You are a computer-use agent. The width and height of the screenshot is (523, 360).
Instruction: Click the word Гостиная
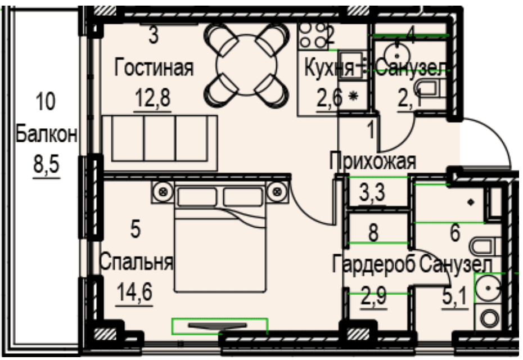pyautogui.click(x=154, y=67)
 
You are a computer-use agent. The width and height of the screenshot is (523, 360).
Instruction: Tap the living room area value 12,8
pyautogui.click(x=153, y=98)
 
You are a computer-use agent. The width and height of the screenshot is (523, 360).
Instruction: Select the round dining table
pyautogui.click(x=246, y=65)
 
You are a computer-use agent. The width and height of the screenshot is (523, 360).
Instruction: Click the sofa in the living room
pyautogui.click(x=160, y=143)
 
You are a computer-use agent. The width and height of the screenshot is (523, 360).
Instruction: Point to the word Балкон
pyautogui.click(x=46, y=134)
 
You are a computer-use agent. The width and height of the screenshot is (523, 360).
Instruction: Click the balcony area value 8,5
pyautogui.click(x=46, y=165)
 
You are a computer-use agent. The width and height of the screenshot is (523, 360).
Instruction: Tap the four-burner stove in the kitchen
pyautogui.click(x=313, y=35)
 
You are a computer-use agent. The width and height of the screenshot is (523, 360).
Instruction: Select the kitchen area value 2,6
pyautogui.click(x=329, y=98)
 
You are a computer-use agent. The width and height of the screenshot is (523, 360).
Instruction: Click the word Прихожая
pyautogui.click(x=373, y=161)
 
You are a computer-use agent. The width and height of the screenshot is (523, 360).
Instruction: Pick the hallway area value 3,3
pyautogui.click(x=373, y=192)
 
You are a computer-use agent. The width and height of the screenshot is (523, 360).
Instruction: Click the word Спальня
pyautogui.click(x=136, y=262)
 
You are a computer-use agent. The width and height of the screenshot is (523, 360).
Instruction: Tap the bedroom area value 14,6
pyautogui.click(x=134, y=292)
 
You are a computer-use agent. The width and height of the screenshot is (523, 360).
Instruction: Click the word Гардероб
pyautogui.click(x=373, y=264)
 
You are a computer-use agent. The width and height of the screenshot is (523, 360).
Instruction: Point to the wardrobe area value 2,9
pyautogui.click(x=374, y=296)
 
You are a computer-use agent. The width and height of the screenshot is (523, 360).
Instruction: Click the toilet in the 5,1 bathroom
pyautogui.click(x=485, y=247)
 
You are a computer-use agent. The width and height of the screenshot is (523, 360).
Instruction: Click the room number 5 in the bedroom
pyautogui.click(x=135, y=230)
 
